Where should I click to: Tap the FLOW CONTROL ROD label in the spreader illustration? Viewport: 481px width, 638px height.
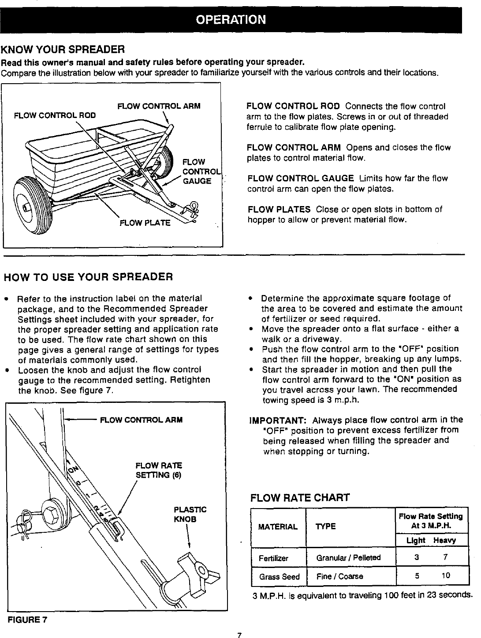55,115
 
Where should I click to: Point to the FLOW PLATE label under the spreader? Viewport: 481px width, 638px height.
145,223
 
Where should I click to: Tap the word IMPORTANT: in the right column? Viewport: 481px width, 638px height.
272,420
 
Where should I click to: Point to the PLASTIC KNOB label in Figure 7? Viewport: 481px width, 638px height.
190,514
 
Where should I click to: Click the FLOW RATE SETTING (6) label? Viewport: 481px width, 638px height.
158,470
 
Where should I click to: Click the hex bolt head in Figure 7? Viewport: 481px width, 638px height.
51,513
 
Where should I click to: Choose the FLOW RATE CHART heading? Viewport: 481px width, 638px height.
300,498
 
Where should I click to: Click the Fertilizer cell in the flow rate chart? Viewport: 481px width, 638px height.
273,558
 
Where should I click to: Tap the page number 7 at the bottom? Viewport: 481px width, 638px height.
239,634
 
